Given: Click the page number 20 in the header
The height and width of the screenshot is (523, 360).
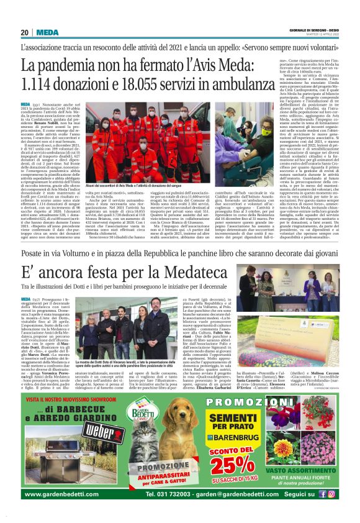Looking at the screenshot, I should (x=25, y=32).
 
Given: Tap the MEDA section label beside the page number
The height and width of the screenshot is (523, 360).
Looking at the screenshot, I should (x=47, y=32).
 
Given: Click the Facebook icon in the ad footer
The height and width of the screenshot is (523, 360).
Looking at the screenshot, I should (x=323, y=494).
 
